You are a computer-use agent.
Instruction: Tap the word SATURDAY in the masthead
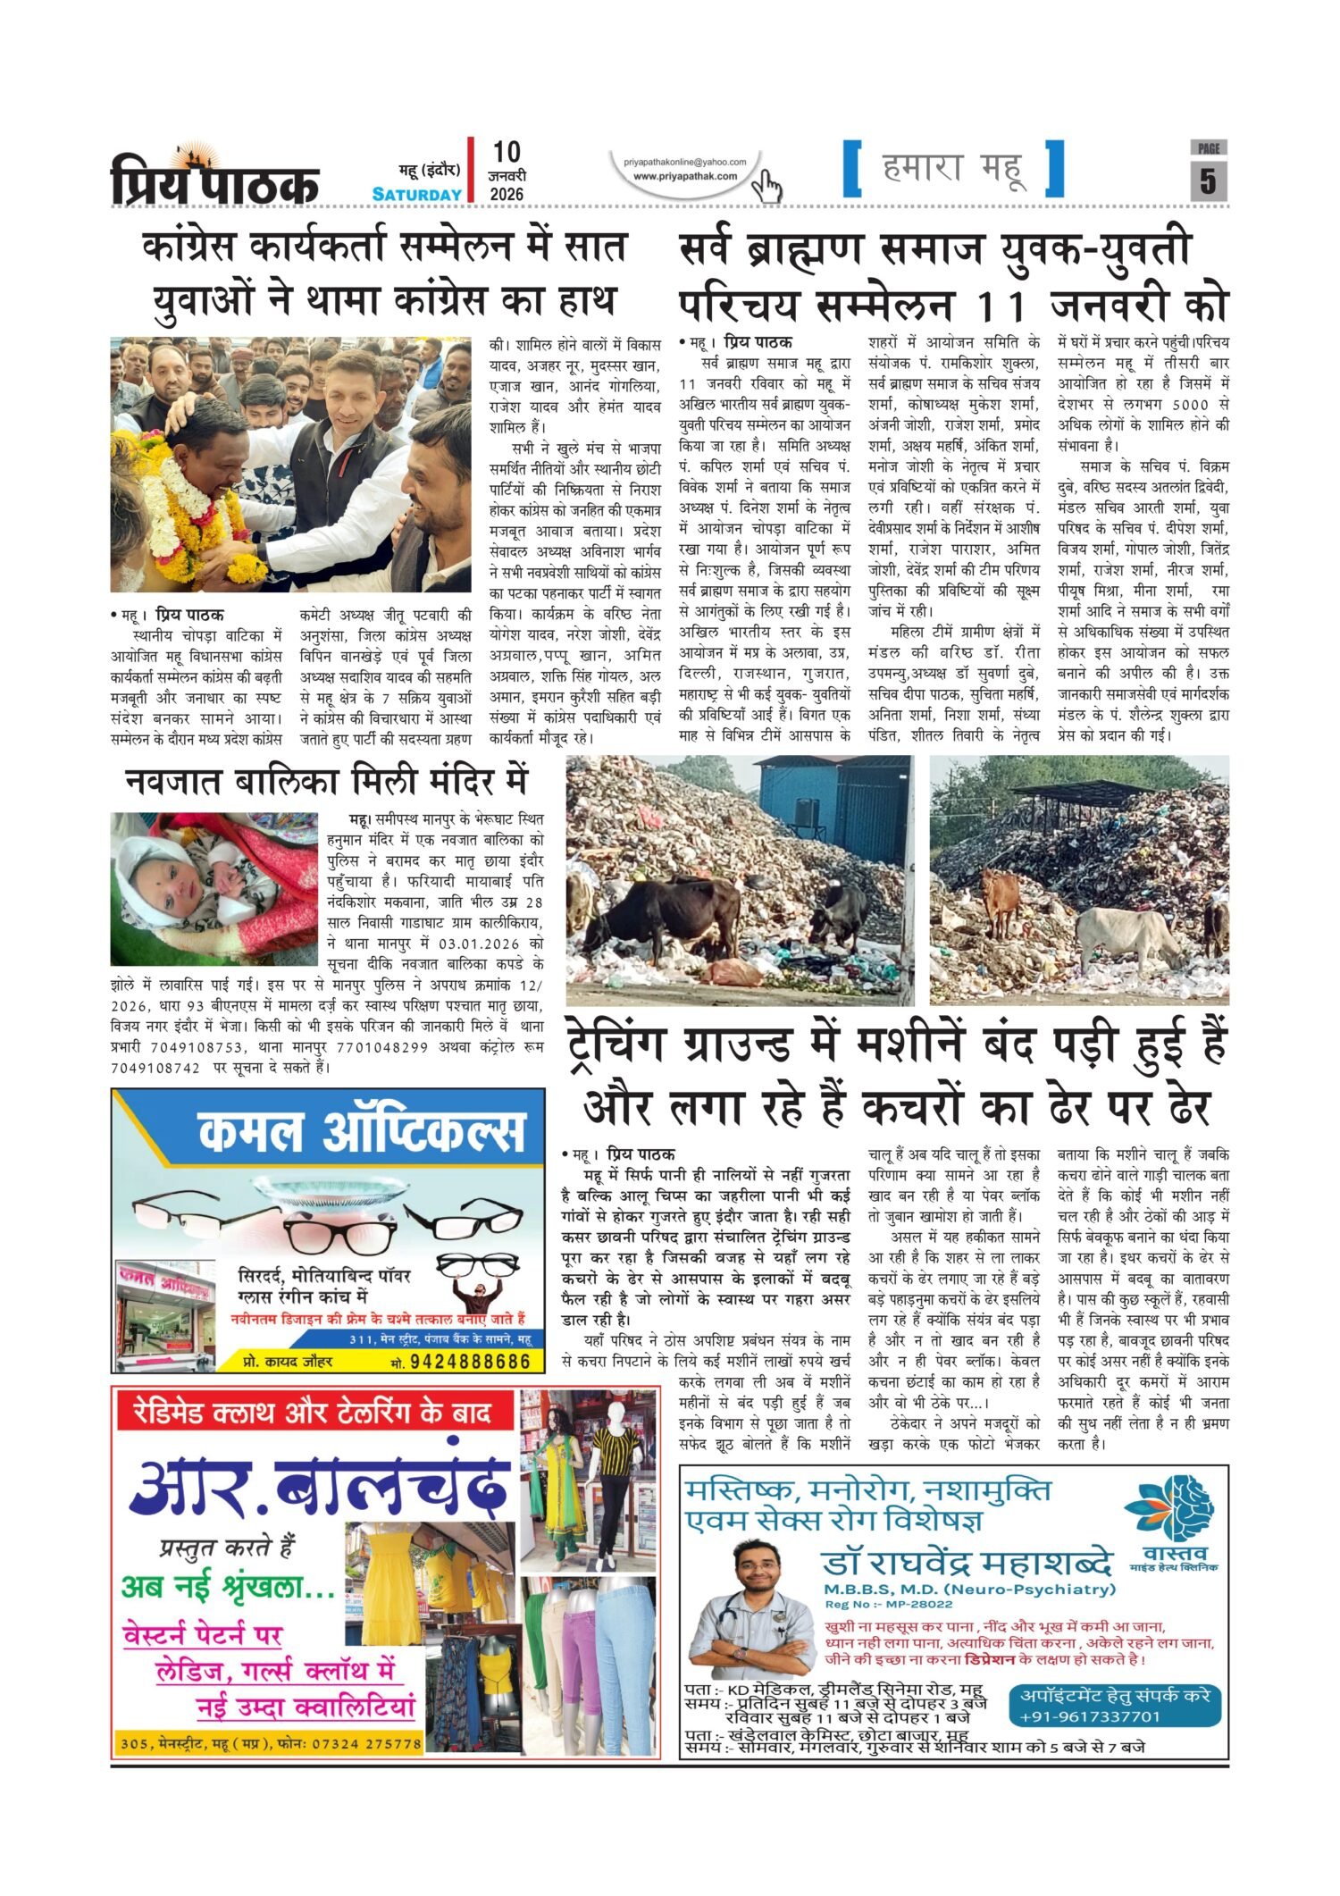[417, 194]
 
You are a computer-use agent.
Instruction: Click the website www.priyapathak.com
[685, 176]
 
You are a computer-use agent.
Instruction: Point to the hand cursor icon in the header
[766, 187]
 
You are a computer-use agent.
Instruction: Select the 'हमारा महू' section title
[953, 168]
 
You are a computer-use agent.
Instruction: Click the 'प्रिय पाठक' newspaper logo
[214, 179]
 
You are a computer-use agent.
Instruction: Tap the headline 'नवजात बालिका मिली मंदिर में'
[326, 781]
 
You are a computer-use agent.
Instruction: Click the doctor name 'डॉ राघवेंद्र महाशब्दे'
[968, 1564]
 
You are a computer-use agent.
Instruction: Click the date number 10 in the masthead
[506, 152]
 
